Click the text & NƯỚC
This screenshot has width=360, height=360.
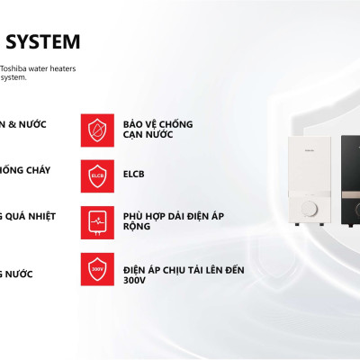(27, 123)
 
